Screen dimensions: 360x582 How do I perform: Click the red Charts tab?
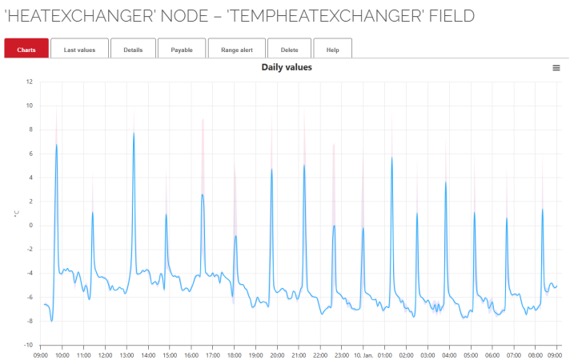click(x=26, y=50)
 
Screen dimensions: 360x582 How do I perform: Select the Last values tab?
click(x=79, y=50)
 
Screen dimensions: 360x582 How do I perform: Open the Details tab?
click(x=133, y=50)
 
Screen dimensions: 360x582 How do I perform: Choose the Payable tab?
click(x=181, y=50)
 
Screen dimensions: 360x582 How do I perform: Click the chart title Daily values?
click(x=287, y=67)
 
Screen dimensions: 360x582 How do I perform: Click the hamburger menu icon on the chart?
click(x=556, y=68)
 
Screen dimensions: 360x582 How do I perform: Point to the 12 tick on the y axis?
click(x=29, y=82)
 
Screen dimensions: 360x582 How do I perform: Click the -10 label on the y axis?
click(x=28, y=346)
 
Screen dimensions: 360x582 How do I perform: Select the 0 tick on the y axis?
click(x=30, y=226)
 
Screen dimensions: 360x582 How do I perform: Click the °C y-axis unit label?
click(x=15, y=214)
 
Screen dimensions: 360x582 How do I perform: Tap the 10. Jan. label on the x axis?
click(x=363, y=354)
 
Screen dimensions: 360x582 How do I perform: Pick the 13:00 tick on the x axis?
click(x=126, y=354)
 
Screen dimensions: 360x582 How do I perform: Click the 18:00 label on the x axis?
click(x=235, y=354)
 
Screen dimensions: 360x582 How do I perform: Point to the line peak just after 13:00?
click(x=134, y=133)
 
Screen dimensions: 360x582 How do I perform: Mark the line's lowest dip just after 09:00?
click(x=52, y=321)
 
